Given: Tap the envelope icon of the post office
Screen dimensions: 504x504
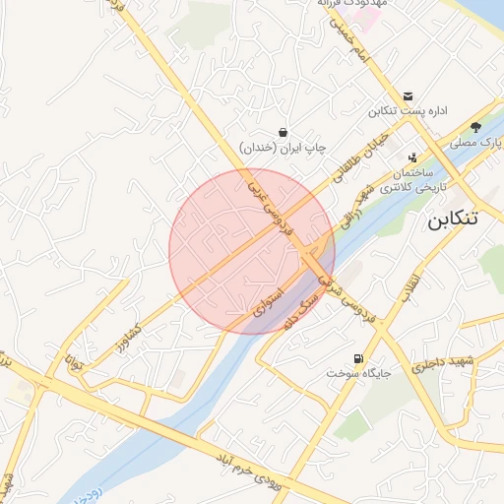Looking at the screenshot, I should (x=408, y=94).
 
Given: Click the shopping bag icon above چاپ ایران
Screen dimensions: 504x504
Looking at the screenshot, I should (x=283, y=132).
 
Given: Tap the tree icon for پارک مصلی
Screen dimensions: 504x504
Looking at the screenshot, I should (x=476, y=126).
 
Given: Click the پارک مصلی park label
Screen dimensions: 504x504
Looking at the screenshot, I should (x=477, y=143).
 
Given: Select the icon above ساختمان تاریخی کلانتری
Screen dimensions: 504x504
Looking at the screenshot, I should (x=411, y=156).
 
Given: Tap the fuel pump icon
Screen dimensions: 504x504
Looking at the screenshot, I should (x=356, y=358).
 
